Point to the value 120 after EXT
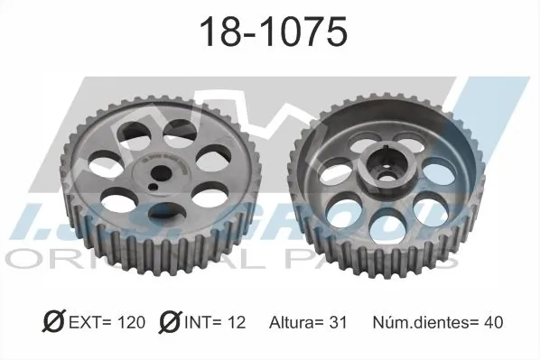[132, 322]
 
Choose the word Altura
[293, 322]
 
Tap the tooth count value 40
[491, 322]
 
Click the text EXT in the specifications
[90, 322]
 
